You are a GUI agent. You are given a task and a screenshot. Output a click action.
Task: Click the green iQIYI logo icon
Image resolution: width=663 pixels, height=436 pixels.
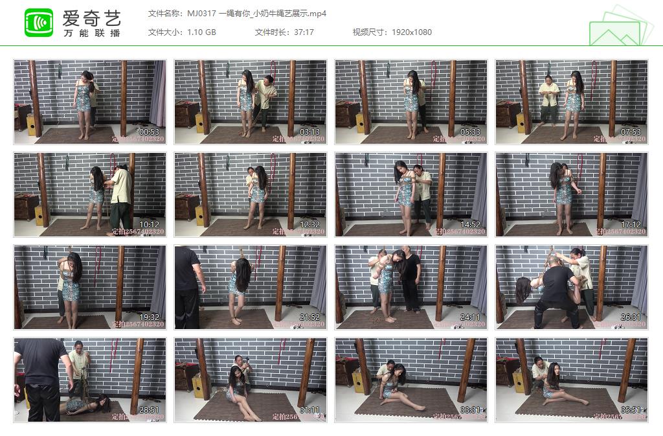click(x=39, y=23)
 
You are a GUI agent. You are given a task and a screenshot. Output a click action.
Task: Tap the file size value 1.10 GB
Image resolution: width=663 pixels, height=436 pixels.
click(x=202, y=32)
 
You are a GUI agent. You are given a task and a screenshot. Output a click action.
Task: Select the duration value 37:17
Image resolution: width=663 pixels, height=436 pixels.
click(x=303, y=32)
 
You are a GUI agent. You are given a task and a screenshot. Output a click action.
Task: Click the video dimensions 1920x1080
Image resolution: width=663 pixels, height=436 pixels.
click(x=411, y=32)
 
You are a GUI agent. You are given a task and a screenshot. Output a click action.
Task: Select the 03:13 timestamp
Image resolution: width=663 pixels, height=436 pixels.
click(x=309, y=132)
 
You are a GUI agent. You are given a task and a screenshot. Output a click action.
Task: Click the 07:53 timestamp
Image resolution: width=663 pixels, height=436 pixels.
click(x=631, y=132)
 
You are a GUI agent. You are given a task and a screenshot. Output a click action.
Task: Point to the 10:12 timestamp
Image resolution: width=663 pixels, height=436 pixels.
click(x=149, y=225)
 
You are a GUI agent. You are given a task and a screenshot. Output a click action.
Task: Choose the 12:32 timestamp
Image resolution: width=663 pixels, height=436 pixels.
click(x=309, y=225)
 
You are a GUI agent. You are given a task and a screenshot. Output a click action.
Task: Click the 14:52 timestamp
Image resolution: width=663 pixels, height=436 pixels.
click(x=470, y=225)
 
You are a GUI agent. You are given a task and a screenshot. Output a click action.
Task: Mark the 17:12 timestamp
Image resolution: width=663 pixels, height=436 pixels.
click(x=631, y=225)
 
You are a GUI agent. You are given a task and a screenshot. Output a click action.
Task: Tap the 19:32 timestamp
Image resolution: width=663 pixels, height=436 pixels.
click(x=149, y=317)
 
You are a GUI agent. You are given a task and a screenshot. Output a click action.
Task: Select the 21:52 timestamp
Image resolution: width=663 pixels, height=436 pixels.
click(x=309, y=317)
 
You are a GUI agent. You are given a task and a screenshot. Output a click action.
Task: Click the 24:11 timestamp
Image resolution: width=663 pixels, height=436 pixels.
click(x=470, y=317)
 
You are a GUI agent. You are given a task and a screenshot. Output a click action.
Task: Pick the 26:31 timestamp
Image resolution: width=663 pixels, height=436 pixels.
click(x=631, y=317)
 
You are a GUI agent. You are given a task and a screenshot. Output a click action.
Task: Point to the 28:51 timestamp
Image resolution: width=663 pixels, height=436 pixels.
click(x=149, y=410)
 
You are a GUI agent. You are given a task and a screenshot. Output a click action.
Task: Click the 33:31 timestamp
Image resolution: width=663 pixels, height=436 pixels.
click(x=470, y=410)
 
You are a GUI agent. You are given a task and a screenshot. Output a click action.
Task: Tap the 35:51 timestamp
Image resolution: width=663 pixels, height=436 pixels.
click(x=631, y=410)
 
